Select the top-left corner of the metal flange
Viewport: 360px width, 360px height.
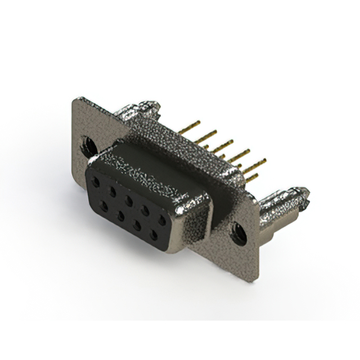[x=76, y=100]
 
